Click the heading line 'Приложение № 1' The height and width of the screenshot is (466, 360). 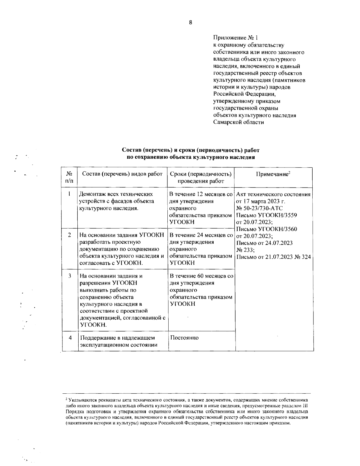235,38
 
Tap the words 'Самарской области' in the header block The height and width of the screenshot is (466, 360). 238,122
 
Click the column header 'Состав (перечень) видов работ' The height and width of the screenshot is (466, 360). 122,174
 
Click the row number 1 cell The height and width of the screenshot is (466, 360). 69,194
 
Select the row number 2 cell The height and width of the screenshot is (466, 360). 69,235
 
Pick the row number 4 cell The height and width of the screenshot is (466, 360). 70,338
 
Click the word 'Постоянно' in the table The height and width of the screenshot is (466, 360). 184,338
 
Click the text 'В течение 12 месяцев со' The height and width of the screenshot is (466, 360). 201,194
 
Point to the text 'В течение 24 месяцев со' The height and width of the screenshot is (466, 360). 201,235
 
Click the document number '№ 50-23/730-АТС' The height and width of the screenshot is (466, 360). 259,208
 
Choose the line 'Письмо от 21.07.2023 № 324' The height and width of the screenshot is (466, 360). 274,257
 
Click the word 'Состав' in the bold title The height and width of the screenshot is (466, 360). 131,150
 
